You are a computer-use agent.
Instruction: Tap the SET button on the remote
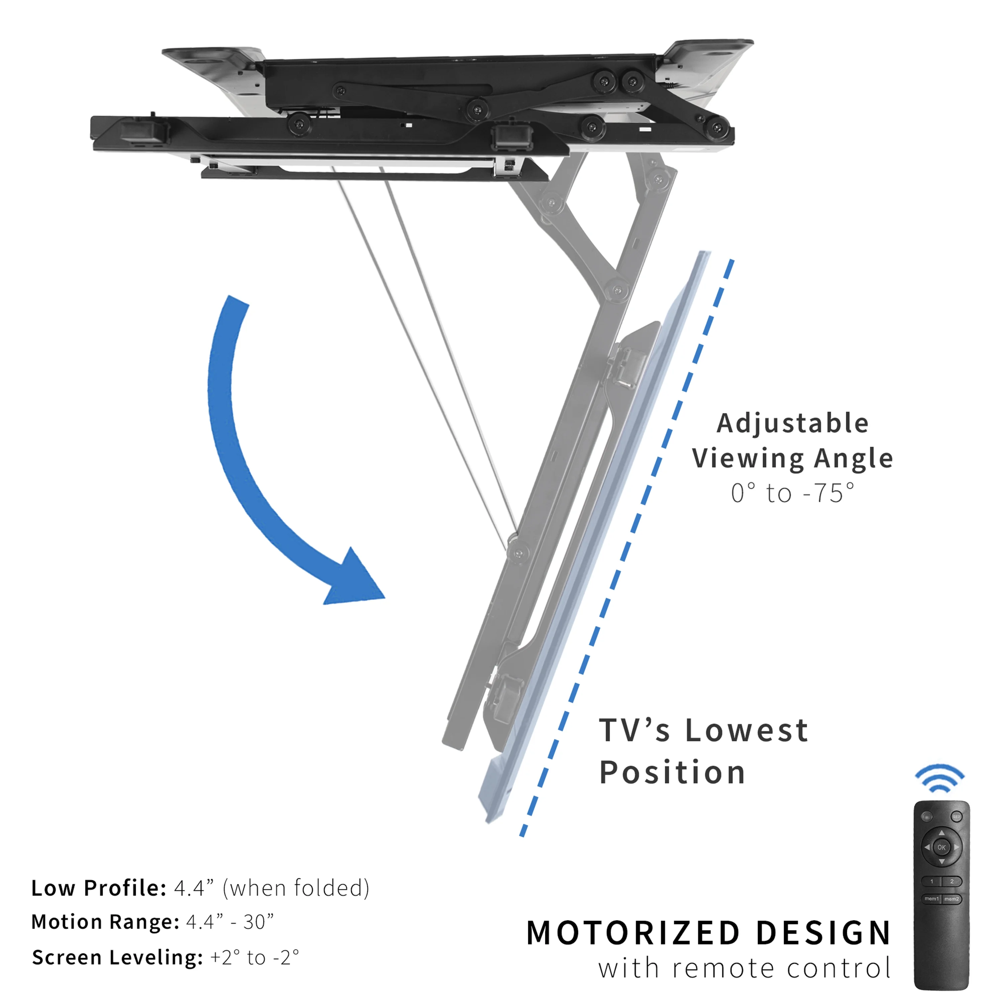click(956, 817)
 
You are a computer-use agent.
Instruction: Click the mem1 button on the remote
click(931, 899)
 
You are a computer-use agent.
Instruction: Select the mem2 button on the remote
click(952, 899)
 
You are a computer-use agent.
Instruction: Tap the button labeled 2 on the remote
click(952, 881)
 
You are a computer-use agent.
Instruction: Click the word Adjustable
click(793, 423)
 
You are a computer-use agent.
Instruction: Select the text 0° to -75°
click(793, 493)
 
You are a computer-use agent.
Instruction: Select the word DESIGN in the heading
click(823, 933)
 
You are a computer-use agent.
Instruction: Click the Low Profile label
click(99, 888)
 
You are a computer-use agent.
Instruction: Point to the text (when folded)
click(296, 888)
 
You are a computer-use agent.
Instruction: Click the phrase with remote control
click(745, 969)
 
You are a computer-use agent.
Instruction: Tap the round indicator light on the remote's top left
click(927, 817)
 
